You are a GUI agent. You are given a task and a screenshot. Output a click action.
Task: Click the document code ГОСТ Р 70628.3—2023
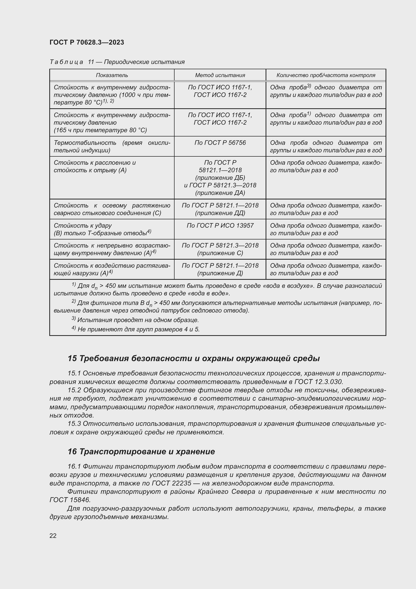[87, 42]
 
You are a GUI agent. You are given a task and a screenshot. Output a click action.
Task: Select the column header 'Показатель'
[112, 75]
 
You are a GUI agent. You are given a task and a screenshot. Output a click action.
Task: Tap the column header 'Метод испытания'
[220, 75]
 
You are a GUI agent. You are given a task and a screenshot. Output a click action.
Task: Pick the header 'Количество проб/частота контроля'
[325, 75]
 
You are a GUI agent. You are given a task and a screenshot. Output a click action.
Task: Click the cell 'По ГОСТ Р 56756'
[220, 143]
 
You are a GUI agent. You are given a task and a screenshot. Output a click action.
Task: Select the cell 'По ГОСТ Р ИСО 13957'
[220, 225]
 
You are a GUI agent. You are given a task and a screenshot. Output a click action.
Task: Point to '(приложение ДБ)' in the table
[220, 178]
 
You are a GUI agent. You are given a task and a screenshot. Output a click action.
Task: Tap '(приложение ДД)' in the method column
[220, 213]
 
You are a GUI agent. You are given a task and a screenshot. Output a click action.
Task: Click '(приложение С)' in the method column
[220, 253]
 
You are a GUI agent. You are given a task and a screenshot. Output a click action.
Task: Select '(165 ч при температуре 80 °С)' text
[100, 130]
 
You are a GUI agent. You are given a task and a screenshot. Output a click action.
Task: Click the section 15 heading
[193, 358]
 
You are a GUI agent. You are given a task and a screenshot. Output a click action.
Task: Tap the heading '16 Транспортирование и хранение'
[141, 452]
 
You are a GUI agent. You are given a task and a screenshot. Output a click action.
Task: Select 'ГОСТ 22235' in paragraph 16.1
[171, 483]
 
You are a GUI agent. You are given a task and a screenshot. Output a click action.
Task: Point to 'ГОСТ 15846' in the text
[70, 500]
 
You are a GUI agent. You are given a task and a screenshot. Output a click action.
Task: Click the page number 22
[53, 536]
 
